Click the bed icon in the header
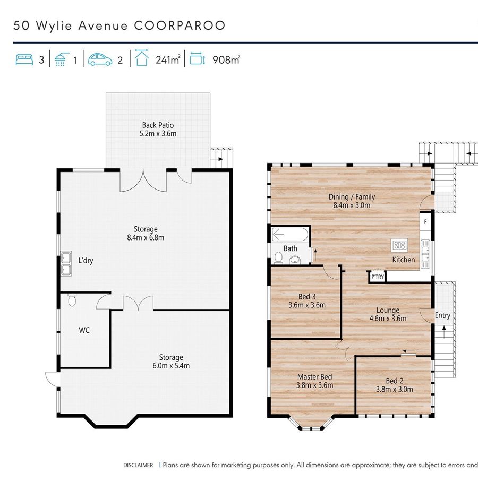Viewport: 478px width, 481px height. coord(24,59)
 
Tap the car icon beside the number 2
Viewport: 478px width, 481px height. coord(100,59)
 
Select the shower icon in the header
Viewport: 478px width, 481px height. coord(61,59)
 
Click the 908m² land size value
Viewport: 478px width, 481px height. coord(226,59)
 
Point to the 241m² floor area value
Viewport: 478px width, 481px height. coord(168,59)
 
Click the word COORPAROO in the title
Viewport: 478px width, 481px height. coord(180,25)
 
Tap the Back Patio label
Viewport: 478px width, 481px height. coord(158,125)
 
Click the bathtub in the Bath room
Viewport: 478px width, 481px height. coord(290,235)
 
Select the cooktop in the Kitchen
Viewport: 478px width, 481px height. coord(400,245)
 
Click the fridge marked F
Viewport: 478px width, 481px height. coord(425,221)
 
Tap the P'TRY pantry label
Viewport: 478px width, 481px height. coord(378,277)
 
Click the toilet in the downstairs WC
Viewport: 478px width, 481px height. coord(72,300)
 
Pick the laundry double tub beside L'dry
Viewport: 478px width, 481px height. coord(66,264)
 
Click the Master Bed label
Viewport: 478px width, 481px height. coord(315,377)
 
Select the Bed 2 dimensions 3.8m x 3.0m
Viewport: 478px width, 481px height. coord(395,389)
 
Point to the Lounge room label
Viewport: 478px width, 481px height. coord(388,310)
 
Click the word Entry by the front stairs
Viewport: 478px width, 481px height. coord(442,315)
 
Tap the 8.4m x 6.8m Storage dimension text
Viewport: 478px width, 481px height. coord(146,237)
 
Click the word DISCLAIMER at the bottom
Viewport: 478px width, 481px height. coord(138,465)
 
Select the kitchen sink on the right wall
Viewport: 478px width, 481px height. coord(425,254)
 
